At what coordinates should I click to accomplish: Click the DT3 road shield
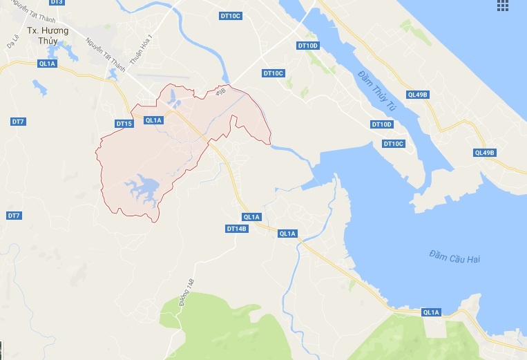tap(57, 2)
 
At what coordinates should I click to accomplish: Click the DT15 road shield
tap(124, 124)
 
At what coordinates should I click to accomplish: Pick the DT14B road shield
tap(236, 228)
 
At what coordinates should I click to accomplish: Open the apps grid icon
tap(513, 6)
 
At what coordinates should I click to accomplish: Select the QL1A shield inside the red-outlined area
tap(153, 120)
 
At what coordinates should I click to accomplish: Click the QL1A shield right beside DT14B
tap(252, 217)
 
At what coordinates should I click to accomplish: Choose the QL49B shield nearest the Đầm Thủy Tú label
tap(418, 95)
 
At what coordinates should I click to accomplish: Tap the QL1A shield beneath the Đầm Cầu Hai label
tap(431, 312)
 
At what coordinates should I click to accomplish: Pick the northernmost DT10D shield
tap(307, 46)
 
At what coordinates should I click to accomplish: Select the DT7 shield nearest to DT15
tap(18, 122)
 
